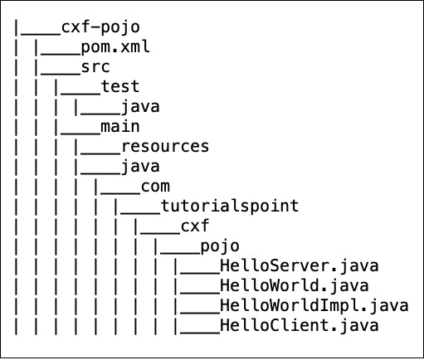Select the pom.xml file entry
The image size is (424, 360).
tap(115, 46)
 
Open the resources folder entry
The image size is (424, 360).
tap(165, 146)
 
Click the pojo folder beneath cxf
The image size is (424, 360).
tap(220, 246)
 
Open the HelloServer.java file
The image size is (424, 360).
tap(300, 265)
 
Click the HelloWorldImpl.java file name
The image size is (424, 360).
tap(314, 305)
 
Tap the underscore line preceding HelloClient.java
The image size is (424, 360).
tap(199, 330)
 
